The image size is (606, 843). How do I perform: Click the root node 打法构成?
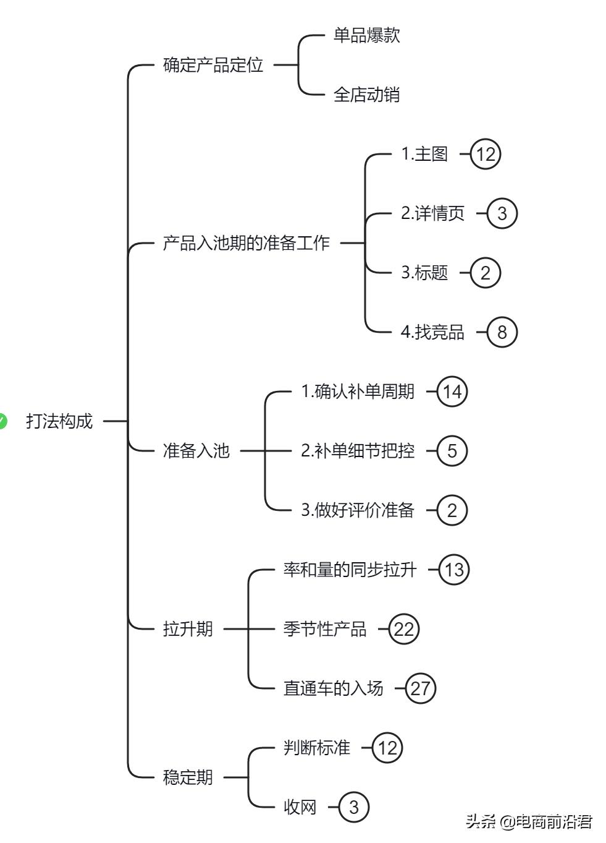point(59,421)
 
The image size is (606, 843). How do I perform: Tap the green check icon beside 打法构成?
point(2,421)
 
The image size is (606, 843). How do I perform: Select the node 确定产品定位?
point(213,65)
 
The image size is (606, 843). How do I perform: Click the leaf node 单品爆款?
point(366,35)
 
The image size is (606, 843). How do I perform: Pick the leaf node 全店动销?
point(366,95)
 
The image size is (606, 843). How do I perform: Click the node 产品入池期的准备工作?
point(246,243)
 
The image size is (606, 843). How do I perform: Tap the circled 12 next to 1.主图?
point(486,154)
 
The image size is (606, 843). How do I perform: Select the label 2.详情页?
point(432,213)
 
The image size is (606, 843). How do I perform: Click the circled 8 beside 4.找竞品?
point(502,332)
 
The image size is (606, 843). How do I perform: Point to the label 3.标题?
point(424,273)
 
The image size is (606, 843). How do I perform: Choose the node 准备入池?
point(196,451)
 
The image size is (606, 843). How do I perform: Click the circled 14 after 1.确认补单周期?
point(452,392)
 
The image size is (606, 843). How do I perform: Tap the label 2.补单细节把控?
point(358,451)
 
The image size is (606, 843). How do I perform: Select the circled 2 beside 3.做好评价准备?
point(452,510)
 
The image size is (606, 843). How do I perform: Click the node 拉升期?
point(188,629)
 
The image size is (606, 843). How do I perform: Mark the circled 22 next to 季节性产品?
point(404,629)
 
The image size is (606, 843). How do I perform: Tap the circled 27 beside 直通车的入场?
point(421,688)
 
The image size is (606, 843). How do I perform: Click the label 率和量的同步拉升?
point(350,570)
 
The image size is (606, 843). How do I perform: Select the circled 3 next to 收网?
point(353,807)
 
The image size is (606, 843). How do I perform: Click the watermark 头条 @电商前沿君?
point(529,822)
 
